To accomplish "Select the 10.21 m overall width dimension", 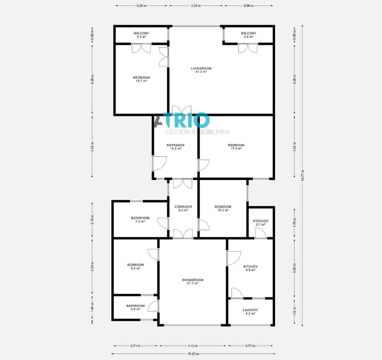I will click(x=193, y=354).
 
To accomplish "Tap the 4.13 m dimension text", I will click(x=192, y=346).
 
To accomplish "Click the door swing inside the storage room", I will click(x=260, y=233).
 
